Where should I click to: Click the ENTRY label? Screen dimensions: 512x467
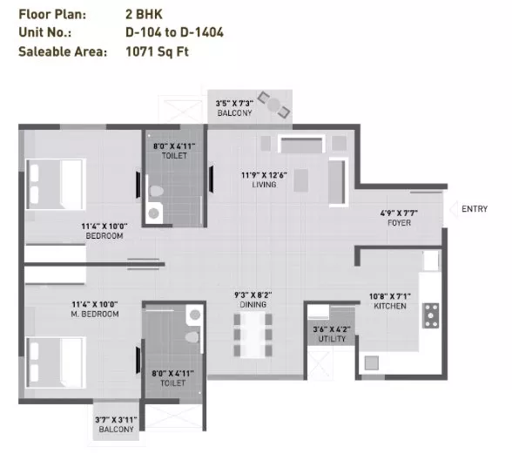pyautogui.click(x=475, y=209)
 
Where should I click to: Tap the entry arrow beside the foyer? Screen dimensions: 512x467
pyautogui.click(x=453, y=209)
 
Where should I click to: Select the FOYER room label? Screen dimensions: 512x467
pyautogui.click(x=399, y=223)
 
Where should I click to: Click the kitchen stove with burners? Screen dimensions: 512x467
pyautogui.click(x=431, y=315)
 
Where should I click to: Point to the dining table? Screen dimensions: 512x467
pyautogui.click(x=253, y=335)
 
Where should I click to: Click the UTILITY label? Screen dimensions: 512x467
pyautogui.click(x=332, y=339)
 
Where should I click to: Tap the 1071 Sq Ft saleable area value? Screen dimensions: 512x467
pyautogui.click(x=157, y=51)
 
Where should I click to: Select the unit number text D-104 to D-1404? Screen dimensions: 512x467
pyautogui.click(x=174, y=32)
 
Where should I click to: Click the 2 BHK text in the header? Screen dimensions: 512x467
pyautogui.click(x=144, y=14)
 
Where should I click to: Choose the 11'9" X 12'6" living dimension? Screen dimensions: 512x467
pyautogui.click(x=264, y=175)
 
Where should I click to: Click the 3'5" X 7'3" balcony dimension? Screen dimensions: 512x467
pyautogui.click(x=234, y=104)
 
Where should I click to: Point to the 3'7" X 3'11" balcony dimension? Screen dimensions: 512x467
pyautogui.click(x=116, y=420)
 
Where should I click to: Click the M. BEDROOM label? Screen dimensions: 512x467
pyautogui.click(x=95, y=314)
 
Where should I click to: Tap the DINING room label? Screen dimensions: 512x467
pyautogui.click(x=253, y=305)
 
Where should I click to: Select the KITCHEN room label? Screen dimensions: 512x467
pyautogui.click(x=390, y=306)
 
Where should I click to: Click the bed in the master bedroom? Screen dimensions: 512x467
pyautogui.click(x=56, y=362)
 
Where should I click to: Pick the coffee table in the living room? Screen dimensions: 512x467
pyautogui.click(x=300, y=180)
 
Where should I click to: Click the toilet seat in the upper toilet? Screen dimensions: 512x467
pyautogui.click(x=156, y=191)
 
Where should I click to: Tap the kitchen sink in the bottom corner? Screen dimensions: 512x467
pyautogui.click(x=372, y=363)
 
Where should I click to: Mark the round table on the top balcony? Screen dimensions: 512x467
pyautogui.click(x=273, y=105)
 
